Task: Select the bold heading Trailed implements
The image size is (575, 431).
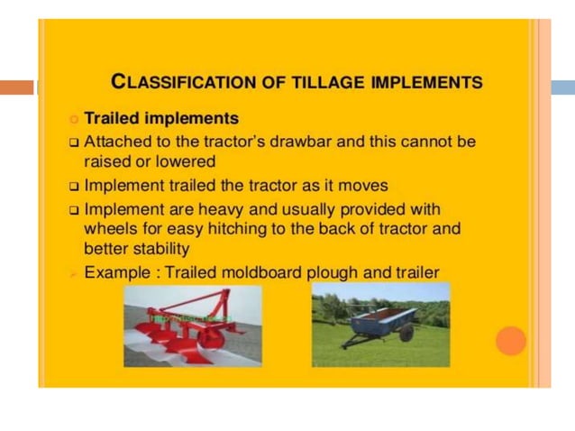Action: (161, 118)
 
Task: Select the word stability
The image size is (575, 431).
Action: (161, 248)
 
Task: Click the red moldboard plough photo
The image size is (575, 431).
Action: (192, 326)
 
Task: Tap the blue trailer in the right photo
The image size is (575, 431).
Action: (379, 321)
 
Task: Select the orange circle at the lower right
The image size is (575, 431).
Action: (510, 341)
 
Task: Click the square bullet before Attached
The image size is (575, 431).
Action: (74, 142)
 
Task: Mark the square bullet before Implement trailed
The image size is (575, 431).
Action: (74, 186)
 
